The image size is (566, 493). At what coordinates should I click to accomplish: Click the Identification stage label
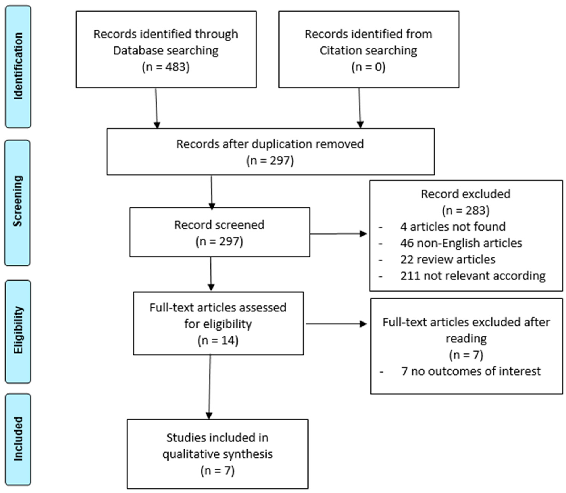click(18, 66)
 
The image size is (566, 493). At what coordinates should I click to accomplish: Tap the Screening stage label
click(18, 201)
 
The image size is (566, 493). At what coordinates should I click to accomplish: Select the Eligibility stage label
click(18, 330)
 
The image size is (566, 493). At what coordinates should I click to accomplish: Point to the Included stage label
click(18, 439)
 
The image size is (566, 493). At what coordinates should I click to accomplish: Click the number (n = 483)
click(166, 67)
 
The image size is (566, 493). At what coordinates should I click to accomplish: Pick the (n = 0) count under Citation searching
click(368, 67)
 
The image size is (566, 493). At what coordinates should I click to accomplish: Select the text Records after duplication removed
click(270, 144)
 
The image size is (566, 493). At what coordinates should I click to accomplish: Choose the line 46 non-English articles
click(461, 243)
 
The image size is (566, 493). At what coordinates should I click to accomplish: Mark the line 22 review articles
click(448, 259)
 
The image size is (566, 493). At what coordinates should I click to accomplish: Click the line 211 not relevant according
click(473, 276)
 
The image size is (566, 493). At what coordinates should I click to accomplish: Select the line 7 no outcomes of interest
click(471, 371)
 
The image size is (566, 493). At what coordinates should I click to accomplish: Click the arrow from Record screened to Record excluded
click(338, 234)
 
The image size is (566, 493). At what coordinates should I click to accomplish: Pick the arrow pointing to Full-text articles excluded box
click(336, 324)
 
